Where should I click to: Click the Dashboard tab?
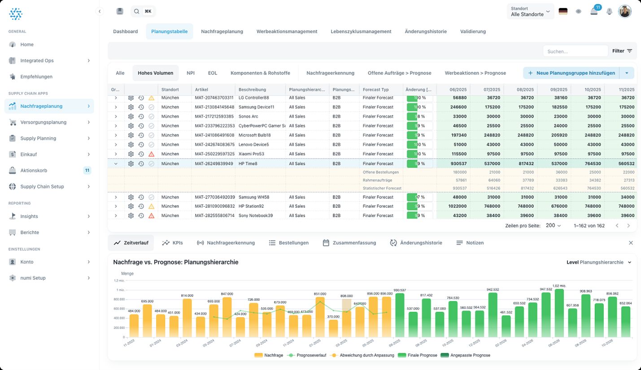pos(125,31)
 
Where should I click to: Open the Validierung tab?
pos(473,31)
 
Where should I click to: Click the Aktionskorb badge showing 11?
pos(87,170)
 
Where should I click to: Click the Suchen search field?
pos(575,51)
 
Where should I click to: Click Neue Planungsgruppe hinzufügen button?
pos(571,73)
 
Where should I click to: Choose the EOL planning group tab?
pos(212,73)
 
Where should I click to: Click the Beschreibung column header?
pos(252,90)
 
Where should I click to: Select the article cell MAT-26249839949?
pos(214,164)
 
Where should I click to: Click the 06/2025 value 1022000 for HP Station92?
pos(457,207)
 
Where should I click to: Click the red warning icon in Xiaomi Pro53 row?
pos(151,154)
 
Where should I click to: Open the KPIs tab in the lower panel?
pos(172,243)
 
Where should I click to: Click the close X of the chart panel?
pos(631,243)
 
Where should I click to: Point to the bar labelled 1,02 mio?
pos(559,313)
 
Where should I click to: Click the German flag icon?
pos(563,12)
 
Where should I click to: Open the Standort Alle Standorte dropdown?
pos(530,12)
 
